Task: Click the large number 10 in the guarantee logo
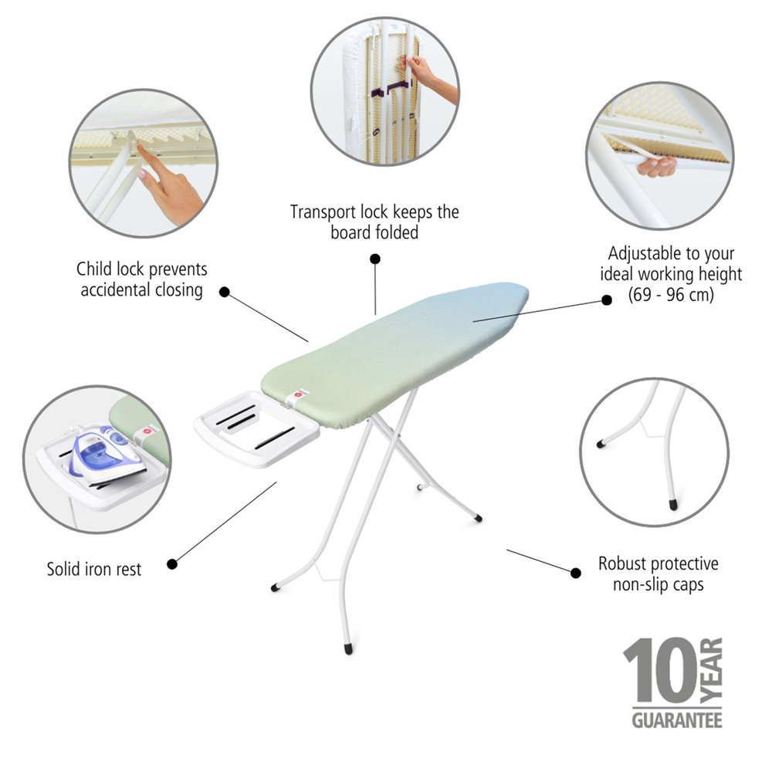[660, 671]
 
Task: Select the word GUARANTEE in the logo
[677, 720]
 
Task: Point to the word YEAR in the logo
[712, 670]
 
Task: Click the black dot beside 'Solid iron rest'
[172, 564]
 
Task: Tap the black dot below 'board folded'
[375, 259]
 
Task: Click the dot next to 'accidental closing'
[225, 292]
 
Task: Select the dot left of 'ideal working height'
[607, 300]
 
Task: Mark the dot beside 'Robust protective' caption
[576, 573]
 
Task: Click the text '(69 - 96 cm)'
[671, 294]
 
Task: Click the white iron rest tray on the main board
[256, 428]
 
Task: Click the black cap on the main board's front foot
[349, 649]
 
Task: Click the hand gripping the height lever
[656, 167]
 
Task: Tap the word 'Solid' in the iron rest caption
[64, 569]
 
